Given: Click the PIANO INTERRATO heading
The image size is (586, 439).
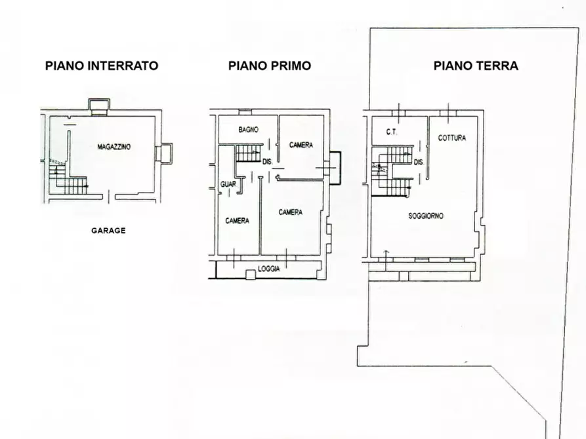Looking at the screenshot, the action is point(102,66).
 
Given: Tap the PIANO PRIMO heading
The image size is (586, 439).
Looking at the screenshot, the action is point(270,66).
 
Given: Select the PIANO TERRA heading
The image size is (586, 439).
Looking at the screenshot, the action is point(476,66).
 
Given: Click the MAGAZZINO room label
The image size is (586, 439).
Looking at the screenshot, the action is point(114,147).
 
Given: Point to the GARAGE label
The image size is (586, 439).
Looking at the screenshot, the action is point(108,231).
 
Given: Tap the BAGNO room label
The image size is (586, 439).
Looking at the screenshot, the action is point(248,130).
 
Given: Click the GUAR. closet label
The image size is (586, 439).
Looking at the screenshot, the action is point(228,184).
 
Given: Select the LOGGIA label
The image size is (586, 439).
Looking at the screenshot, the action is point(268,269).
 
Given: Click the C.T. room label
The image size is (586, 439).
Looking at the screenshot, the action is point(391,132).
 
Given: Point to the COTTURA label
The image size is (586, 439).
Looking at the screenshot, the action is point(452,138).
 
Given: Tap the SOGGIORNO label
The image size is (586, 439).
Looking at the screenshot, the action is point(426,216).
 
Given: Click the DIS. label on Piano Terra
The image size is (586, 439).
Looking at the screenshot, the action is point(419,162).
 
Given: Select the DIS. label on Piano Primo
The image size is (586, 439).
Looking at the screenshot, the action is point(267,162).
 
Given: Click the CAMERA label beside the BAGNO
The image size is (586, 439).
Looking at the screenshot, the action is point(301,145).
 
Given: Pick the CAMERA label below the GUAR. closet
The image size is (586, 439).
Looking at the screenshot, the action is point(237,221).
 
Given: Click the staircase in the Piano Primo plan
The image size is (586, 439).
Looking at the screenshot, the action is point(248,153).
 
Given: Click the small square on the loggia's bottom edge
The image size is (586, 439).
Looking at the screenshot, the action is point(250,275).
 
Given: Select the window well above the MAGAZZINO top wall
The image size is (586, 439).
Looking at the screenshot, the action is point(99,105).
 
